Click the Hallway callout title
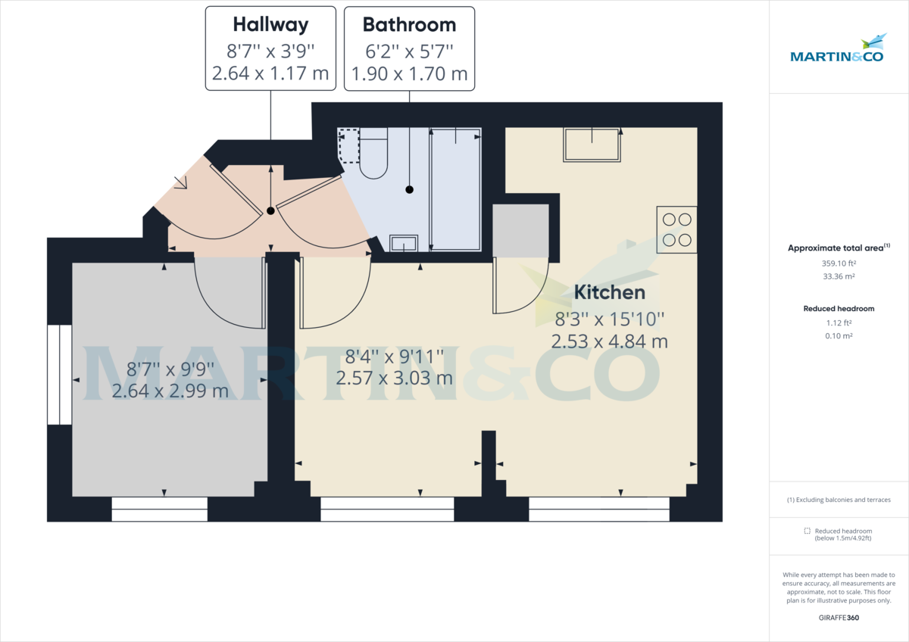[270, 25]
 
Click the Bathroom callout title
[409, 25]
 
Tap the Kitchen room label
[609, 292]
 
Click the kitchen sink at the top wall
[592, 145]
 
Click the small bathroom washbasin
[403, 243]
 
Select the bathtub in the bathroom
[455, 189]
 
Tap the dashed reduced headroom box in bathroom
[349, 146]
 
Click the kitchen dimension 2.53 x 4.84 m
[609, 341]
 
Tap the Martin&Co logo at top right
[837, 50]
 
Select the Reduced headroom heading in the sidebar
[839, 309]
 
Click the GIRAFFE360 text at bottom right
[839, 618]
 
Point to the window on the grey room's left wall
[59, 375]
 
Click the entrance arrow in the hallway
[182, 183]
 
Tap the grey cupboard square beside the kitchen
[520, 230]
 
